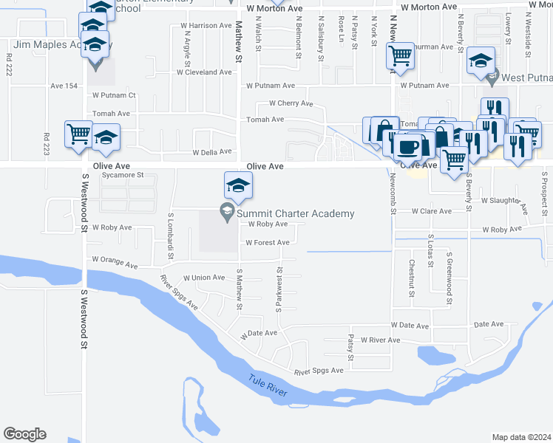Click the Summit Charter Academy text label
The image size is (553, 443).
(295, 213)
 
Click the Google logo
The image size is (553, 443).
(24, 434)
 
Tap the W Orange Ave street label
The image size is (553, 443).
(115, 263)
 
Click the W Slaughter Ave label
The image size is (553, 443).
(505, 202)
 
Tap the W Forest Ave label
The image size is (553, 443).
(267, 242)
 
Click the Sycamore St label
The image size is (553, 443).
(122, 176)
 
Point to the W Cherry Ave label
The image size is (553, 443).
(291, 103)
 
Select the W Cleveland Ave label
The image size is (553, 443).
(204, 72)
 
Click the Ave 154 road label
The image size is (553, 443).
(64, 86)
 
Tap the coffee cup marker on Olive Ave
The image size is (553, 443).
(407, 147)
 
